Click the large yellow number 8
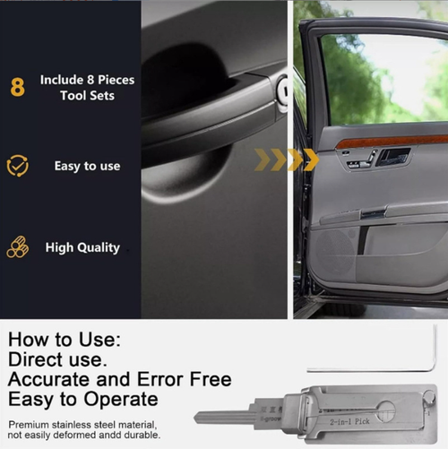click(17, 88)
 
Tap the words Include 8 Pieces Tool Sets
click(87, 88)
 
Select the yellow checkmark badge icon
click(17, 166)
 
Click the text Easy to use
click(87, 167)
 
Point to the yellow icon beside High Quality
click(17, 246)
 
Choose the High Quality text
click(82, 247)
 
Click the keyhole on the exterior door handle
click(281, 91)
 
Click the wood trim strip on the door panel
click(394, 142)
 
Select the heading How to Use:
click(64, 340)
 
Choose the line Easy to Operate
click(82, 399)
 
